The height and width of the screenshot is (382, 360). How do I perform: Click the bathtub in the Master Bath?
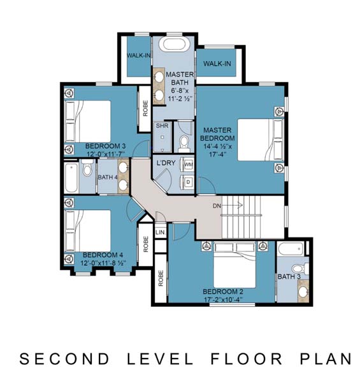click(x=174, y=44)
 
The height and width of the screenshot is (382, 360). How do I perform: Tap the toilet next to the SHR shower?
click(x=184, y=144)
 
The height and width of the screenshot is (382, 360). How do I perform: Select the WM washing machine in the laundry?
click(x=188, y=164)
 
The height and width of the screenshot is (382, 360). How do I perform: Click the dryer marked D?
click(x=188, y=181)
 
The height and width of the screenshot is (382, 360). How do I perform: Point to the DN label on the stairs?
click(x=217, y=206)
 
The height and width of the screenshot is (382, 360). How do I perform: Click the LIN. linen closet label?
click(x=161, y=232)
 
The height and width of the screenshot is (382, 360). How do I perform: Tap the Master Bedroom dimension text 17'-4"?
click(x=216, y=154)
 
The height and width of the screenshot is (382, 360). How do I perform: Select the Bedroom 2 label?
click(x=223, y=292)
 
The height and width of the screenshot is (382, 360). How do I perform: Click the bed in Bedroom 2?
click(x=234, y=265)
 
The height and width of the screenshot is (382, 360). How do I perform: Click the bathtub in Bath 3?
click(x=291, y=248)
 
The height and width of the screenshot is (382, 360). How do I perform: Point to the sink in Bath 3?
click(x=303, y=291)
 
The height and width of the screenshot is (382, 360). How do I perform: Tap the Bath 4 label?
click(x=108, y=177)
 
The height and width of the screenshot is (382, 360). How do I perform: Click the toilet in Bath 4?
click(x=87, y=168)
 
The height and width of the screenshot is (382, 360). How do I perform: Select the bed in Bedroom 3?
click(x=88, y=121)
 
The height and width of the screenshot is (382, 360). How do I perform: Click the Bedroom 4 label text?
click(x=103, y=255)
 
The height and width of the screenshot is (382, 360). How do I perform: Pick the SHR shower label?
click(x=162, y=125)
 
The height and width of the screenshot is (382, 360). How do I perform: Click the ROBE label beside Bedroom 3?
click(x=145, y=108)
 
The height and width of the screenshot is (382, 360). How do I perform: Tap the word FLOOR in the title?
click(x=247, y=359)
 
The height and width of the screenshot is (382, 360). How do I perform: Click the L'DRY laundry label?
click(x=166, y=163)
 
